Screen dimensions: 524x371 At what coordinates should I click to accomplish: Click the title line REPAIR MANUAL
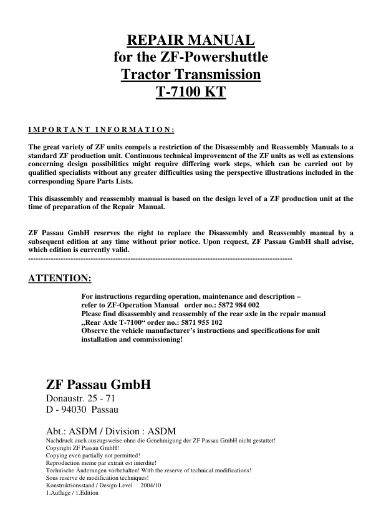point(191,41)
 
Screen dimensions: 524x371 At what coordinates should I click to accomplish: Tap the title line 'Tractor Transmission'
point(191,76)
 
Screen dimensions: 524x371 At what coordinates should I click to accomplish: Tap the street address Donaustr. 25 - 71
point(80,398)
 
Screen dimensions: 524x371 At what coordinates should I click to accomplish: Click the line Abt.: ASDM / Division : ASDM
point(111,431)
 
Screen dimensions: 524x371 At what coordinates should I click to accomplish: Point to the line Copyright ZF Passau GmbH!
point(82,447)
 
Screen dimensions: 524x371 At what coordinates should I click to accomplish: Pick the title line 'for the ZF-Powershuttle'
point(191,58)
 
